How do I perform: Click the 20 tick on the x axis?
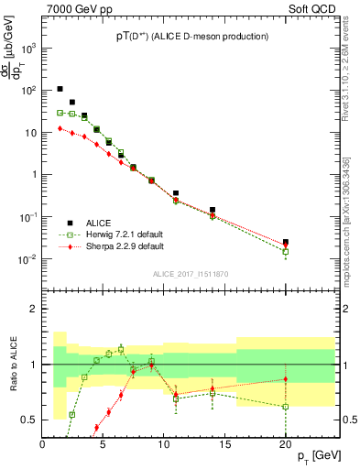point(285,443)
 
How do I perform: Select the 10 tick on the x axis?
point(164,443)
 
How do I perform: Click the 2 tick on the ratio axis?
point(34,309)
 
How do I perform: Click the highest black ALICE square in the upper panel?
point(60,89)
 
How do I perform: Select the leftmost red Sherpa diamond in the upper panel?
point(60,128)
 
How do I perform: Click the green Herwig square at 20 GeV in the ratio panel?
point(285,407)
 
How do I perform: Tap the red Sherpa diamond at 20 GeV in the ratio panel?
point(285,379)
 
